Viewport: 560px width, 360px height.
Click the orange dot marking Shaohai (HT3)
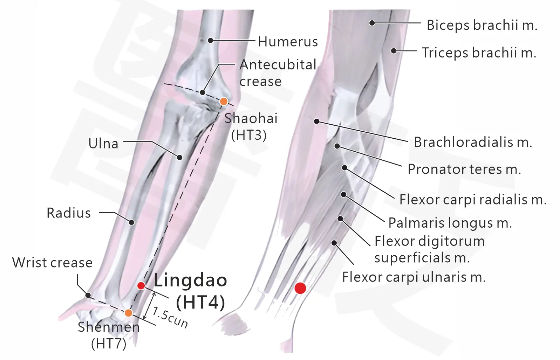pos(224,102)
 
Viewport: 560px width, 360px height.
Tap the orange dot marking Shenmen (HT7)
pos(128,313)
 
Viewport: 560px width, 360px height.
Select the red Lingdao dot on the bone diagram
pos(141,286)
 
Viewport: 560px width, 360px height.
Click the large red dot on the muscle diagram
pos(300,288)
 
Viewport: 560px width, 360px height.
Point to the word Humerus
pos(288,41)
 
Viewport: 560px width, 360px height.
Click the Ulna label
pos(103,144)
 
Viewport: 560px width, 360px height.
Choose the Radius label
pos(69,213)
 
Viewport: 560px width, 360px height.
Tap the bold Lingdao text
pos(191,280)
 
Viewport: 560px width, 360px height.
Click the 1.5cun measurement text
pos(170,317)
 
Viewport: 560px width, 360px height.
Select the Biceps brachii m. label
pos(482,25)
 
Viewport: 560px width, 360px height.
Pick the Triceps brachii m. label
pos(479,53)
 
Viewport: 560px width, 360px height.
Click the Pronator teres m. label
pos(464,169)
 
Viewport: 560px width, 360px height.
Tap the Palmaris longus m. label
pos(450,223)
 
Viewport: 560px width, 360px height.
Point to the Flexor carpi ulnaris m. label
pos(414,277)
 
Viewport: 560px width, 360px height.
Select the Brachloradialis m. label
pos(473,142)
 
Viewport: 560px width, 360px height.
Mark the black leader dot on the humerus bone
pos(211,40)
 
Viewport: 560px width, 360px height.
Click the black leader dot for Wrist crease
pos(88,295)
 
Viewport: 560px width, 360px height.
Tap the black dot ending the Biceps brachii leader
pos(372,23)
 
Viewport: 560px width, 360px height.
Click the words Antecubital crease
pos(278,73)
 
